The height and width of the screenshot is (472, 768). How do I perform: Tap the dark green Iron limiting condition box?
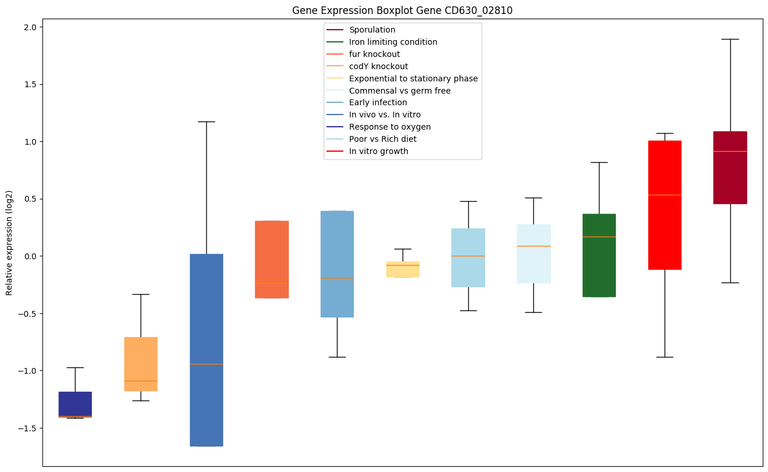coord(599,255)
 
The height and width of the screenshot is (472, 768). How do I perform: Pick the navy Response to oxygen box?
coord(76,404)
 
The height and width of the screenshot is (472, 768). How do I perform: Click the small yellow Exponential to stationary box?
coord(403,269)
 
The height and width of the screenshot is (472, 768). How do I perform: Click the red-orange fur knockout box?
coord(272,259)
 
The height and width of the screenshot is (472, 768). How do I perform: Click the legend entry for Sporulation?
coord(372,30)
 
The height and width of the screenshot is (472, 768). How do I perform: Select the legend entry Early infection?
coord(378,102)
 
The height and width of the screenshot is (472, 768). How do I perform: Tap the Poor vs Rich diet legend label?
coord(382,139)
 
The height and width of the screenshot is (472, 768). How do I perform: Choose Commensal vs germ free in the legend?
coord(400,91)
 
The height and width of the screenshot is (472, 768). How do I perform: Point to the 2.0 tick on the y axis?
coord(30,27)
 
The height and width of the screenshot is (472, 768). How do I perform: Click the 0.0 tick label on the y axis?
coord(30,256)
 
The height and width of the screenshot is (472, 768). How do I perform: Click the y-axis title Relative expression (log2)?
coord(9,242)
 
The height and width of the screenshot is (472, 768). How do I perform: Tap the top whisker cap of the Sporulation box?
coord(730,39)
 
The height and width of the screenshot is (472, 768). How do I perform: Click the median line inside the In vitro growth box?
coord(665,195)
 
